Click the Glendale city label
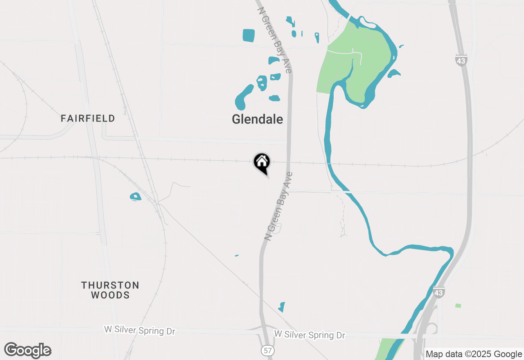click(257, 119)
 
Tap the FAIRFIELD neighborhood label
click(88, 119)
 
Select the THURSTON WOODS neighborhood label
click(110, 290)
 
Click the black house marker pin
click(262, 162)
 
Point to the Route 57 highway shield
click(268, 351)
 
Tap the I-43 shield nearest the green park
click(461, 60)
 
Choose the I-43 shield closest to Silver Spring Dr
click(438, 292)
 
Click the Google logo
click(28, 350)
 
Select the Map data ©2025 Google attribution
click(474, 354)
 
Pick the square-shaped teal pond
click(248, 35)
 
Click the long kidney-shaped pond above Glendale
click(244, 97)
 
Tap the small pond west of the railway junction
click(135, 197)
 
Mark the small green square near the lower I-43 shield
click(458, 306)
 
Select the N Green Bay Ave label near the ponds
click(275, 40)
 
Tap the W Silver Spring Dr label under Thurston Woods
click(140, 331)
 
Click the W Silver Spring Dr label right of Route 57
click(309, 335)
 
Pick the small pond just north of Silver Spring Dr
click(282, 307)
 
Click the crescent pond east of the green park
click(394, 74)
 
